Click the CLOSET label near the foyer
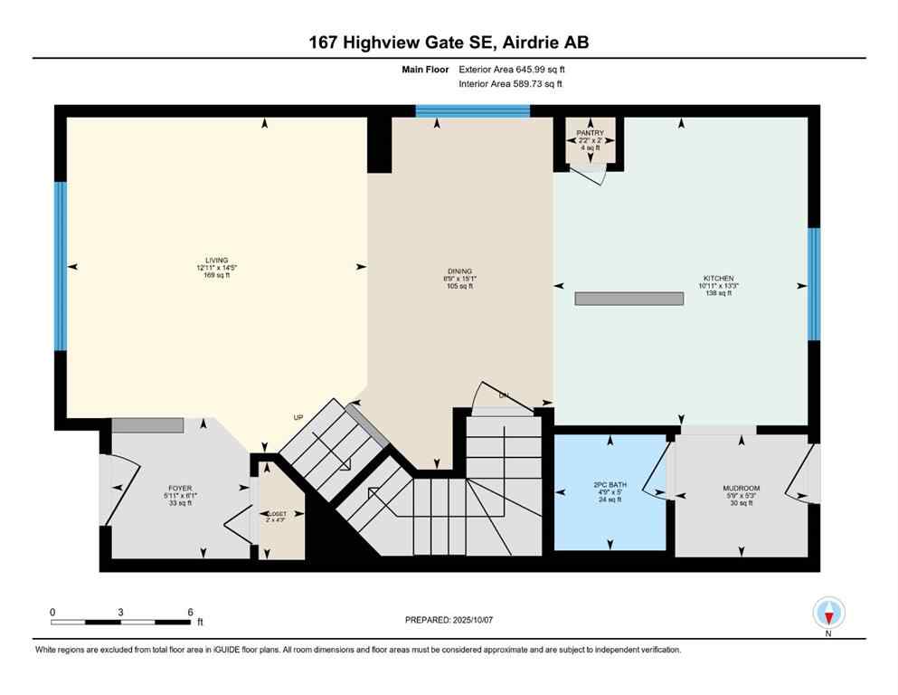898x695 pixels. pyautogui.click(x=274, y=513)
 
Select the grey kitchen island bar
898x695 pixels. pyautogui.click(x=629, y=299)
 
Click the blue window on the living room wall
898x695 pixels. pyautogui.click(x=61, y=266)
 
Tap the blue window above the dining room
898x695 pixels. pyautogui.click(x=472, y=111)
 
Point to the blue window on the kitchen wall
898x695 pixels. pyautogui.click(x=813, y=284)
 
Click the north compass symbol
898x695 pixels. pyautogui.click(x=828, y=614)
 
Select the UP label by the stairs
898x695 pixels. pyautogui.click(x=298, y=418)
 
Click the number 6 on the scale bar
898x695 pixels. pyautogui.click(x=190, y=613)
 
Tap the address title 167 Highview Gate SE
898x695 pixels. pyautogui.click(x=448, y=43)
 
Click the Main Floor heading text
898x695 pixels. pyautogui.click(x=428, y=69)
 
